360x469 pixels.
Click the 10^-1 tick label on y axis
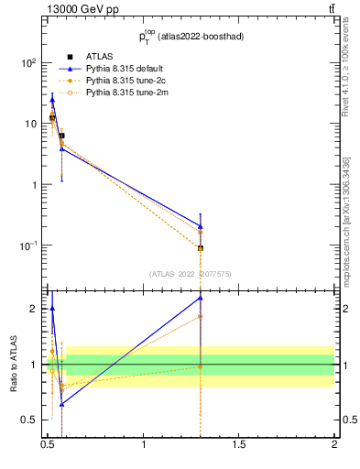(x=27, y=245)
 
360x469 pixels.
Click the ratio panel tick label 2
(x=33, y=309)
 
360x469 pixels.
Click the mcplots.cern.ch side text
(x=348, y=234)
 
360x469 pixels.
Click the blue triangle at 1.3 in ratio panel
(x=201, y=298)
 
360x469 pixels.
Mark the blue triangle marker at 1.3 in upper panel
(x=201, y=225)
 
